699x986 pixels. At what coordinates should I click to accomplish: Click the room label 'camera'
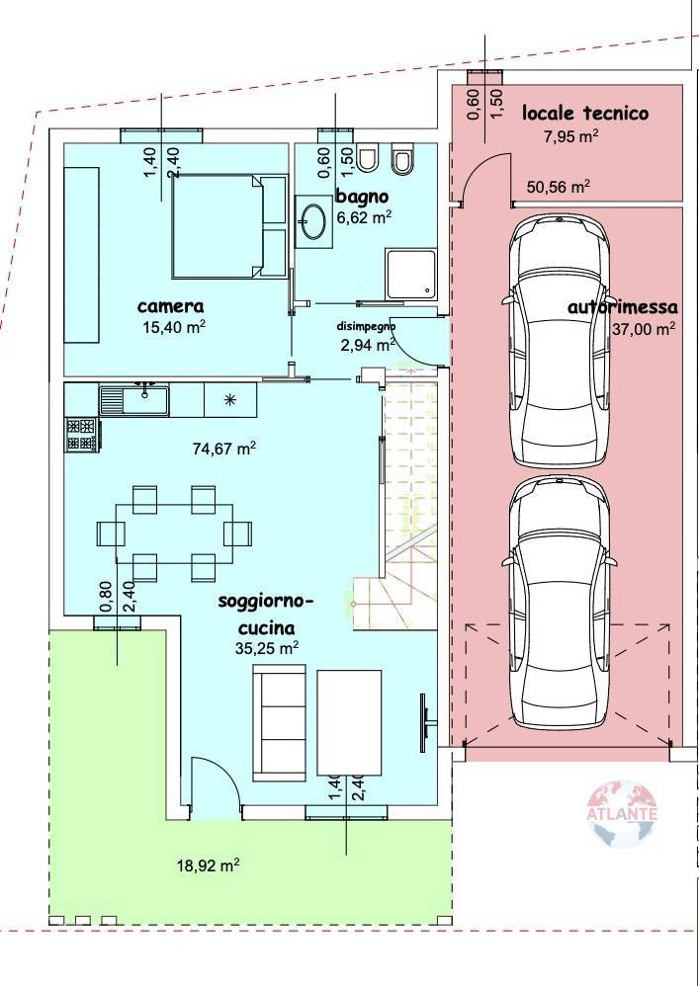pos(170,306)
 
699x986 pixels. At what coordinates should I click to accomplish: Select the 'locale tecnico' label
pos(584,113)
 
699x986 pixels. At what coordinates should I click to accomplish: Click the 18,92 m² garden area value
pos(209,865)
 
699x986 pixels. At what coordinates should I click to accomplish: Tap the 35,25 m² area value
pos(266,648)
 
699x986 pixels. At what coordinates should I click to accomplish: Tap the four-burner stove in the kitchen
pos(82,435)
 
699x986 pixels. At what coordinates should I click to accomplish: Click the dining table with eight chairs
pos(174,532)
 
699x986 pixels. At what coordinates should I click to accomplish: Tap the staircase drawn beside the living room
pos(407,494)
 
